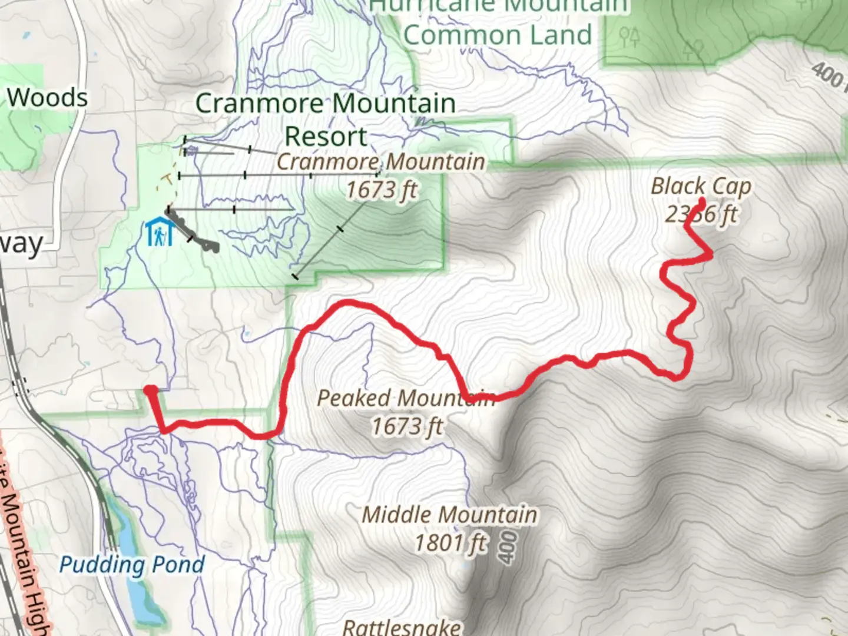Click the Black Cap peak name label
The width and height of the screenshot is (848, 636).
(701, 187)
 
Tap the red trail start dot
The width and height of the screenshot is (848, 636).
(151, 390)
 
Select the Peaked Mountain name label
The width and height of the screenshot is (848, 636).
(406, 398)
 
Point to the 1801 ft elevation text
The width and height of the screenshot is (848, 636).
(451, 542)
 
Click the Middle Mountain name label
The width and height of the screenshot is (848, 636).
(449, 515)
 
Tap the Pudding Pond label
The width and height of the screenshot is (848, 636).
(132, 565)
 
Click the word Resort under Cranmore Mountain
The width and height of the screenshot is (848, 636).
(326, 136)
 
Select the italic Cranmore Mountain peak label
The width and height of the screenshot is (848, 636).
(381, 161)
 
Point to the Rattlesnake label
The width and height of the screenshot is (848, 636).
(402, 627)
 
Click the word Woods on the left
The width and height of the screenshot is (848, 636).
(48, 98)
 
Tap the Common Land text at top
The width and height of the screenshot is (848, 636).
(498, 35)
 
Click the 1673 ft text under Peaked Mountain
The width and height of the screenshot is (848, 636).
(406, 426)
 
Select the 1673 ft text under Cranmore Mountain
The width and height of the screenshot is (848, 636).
(381, 190)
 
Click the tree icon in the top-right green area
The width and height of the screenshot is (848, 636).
(695, 48)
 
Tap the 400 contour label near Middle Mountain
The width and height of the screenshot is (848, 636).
(508, 546)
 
